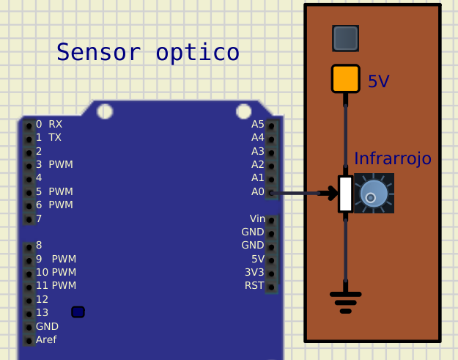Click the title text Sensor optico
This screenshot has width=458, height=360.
147,53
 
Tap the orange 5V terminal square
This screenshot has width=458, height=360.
345,78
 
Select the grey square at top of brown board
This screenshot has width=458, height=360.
345,38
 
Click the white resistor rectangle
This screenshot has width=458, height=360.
345,194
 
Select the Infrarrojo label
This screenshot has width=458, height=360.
393,158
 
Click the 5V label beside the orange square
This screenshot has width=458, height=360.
378,81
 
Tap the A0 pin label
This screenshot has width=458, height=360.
257,191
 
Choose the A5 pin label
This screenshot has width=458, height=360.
257,124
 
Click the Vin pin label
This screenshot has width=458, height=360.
257,218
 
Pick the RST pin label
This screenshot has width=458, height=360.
254,285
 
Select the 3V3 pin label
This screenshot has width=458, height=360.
254,272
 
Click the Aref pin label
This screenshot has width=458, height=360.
46,339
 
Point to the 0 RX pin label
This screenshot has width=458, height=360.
49,124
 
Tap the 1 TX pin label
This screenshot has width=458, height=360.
48,137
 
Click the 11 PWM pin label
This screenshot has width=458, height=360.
56,285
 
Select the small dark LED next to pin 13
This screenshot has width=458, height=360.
78,312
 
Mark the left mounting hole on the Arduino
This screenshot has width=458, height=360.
105,111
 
